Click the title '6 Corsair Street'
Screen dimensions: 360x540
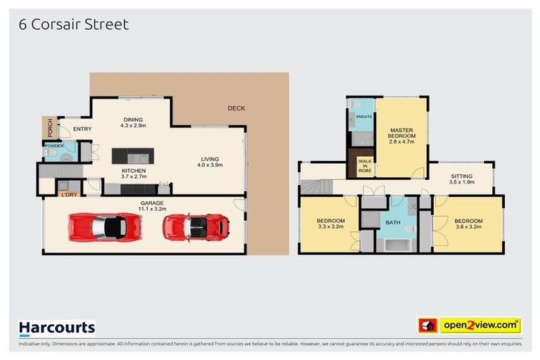(74, 24)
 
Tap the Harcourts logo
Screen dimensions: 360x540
(56, 328)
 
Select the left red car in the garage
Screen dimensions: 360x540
(105, 226)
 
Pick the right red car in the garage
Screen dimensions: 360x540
(197, 226)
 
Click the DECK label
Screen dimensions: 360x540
(236, 108)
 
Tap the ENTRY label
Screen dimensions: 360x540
(82, 129)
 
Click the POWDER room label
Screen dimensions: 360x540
(54, 145)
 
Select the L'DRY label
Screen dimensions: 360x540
(69, 195)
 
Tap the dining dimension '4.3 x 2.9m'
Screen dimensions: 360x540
(133, 126)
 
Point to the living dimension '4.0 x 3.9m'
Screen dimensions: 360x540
(210, 165)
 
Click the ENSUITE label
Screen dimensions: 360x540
(364, 116)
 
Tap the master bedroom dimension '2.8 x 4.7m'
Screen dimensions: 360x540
(402, 142)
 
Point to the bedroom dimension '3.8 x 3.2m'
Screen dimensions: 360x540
(468, 227)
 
